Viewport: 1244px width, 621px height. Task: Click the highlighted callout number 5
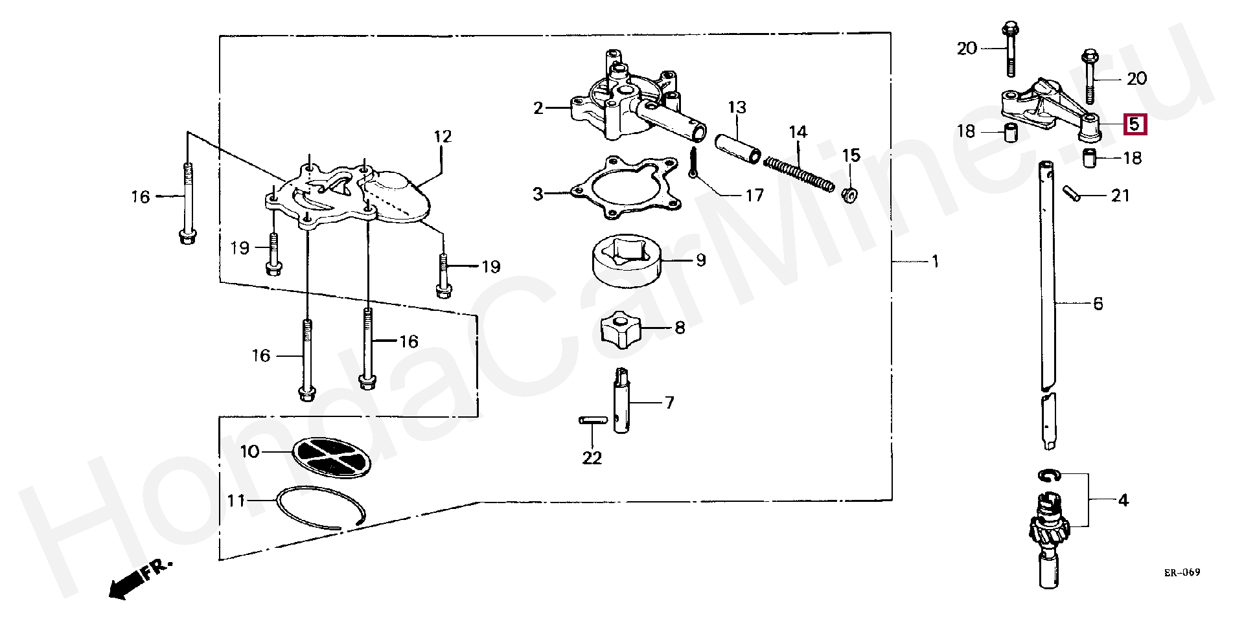[x=1134, y=124]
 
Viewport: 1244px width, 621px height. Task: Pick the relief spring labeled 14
[x=799, y=174]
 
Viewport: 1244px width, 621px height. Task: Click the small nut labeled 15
[x=850, y=194]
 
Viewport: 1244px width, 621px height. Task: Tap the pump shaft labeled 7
[x=622, y=401]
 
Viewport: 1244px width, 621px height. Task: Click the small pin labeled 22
[x=592, y=420]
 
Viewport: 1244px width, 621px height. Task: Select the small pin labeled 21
[x=1072, y=194]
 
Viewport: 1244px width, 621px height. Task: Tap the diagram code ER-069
[x=1182, y=572]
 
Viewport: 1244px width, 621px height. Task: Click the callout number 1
[x=935, y=262]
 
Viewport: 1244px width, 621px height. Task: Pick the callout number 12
[x=443, y=137]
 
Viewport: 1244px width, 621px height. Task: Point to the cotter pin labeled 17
[x=694, y=163]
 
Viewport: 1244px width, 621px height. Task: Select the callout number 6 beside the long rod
[x=1098, y=304]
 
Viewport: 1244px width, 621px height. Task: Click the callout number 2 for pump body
[x=538, y=108]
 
